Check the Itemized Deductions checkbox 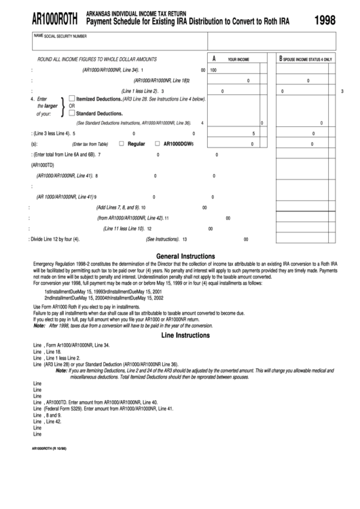(x=72, y=98)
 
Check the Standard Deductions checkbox (x=72, y=113)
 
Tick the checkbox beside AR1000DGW (x=157, y=144)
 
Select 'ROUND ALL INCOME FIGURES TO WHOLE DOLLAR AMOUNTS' (x=97, y=59)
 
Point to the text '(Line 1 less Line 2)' (x=139, y=90)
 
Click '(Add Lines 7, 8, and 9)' (x=118, y=207)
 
